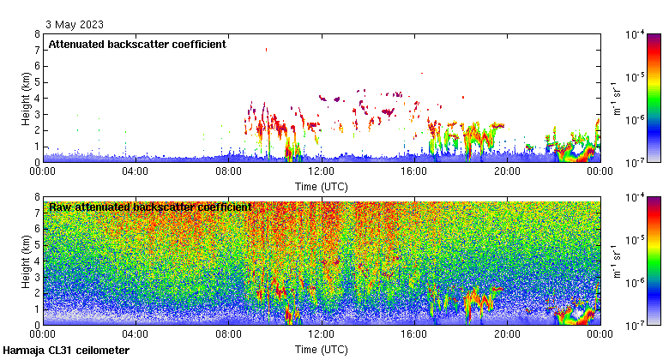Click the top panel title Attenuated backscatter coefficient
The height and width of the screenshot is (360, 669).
click(137, 45)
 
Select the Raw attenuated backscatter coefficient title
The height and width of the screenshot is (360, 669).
click(150, 207)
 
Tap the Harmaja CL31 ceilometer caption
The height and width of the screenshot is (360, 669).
click(66, 351)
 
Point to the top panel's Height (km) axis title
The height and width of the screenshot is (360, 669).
click(27, 98)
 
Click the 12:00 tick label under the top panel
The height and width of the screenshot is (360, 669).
click(321, 171)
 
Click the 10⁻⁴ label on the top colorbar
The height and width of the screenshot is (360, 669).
click(636, 35)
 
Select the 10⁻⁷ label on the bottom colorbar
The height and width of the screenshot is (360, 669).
click(636, 326)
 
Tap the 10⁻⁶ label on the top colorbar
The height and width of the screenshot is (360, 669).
click(636, 120)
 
